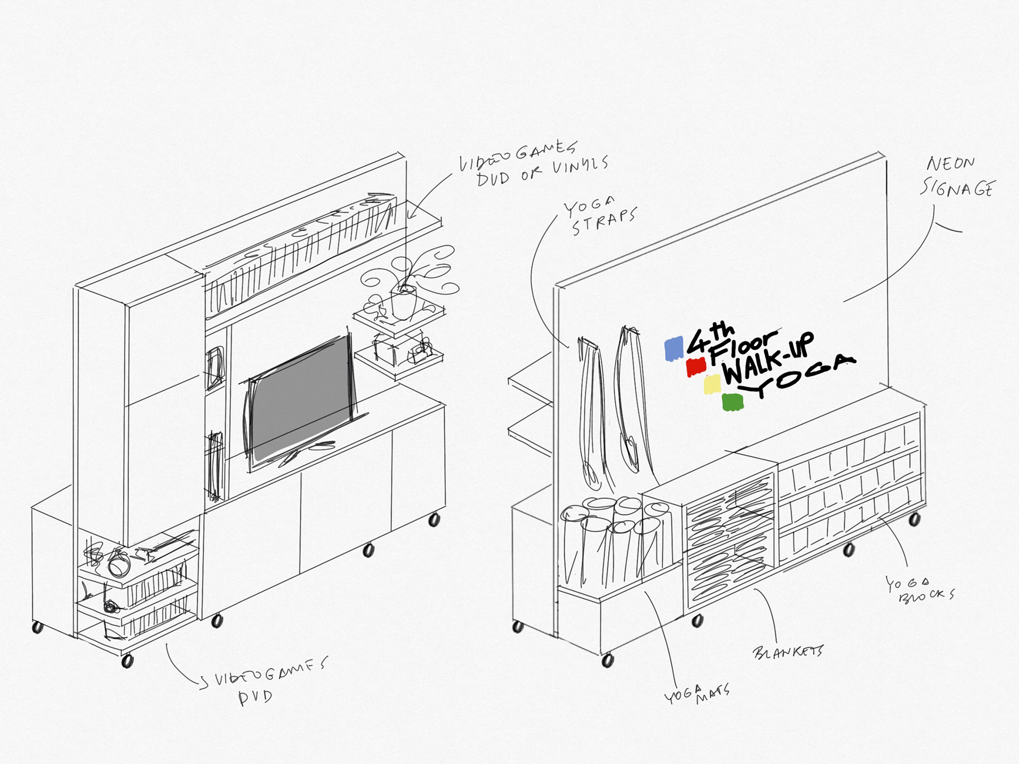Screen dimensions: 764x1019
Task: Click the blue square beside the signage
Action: click(674, 349)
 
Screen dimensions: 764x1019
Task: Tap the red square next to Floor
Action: click(696, 367)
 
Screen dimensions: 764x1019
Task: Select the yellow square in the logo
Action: click(712, 384)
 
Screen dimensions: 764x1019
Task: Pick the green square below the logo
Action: click(732, 402)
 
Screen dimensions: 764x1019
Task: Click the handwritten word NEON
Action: click(951, 163)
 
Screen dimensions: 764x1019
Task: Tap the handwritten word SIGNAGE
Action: click(956, 188)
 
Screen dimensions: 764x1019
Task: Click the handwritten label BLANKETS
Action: click(788, 652)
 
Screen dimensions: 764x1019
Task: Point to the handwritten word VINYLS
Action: click(580, 167)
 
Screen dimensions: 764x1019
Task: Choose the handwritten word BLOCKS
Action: click(927, 596)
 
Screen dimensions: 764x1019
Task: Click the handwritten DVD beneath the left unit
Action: click(255, 697)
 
